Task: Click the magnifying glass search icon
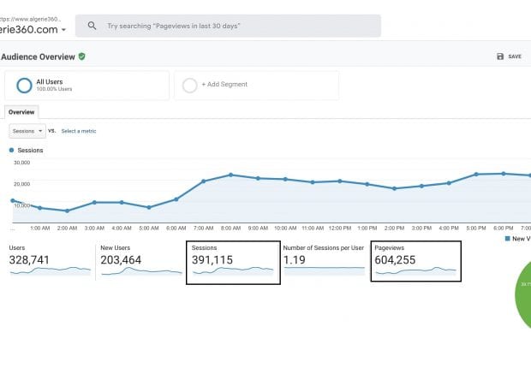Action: tap(92, 26)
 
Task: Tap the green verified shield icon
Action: tap(82, 56)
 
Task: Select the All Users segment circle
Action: tap(24, 85)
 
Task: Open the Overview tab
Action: tap(21, 112)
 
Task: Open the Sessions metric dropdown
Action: tap(27, 131)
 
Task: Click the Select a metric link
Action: tap(79, 131)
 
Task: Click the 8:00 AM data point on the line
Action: tap(230, 175)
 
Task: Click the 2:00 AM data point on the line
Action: tap(67, 211)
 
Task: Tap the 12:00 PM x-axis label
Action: tap(340, 229)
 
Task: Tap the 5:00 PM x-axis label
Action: tap(476, 229)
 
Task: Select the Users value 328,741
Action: tap(29, 259)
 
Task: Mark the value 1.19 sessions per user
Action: tap(295, 259)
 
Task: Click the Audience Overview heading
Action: tap(38, 56)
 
